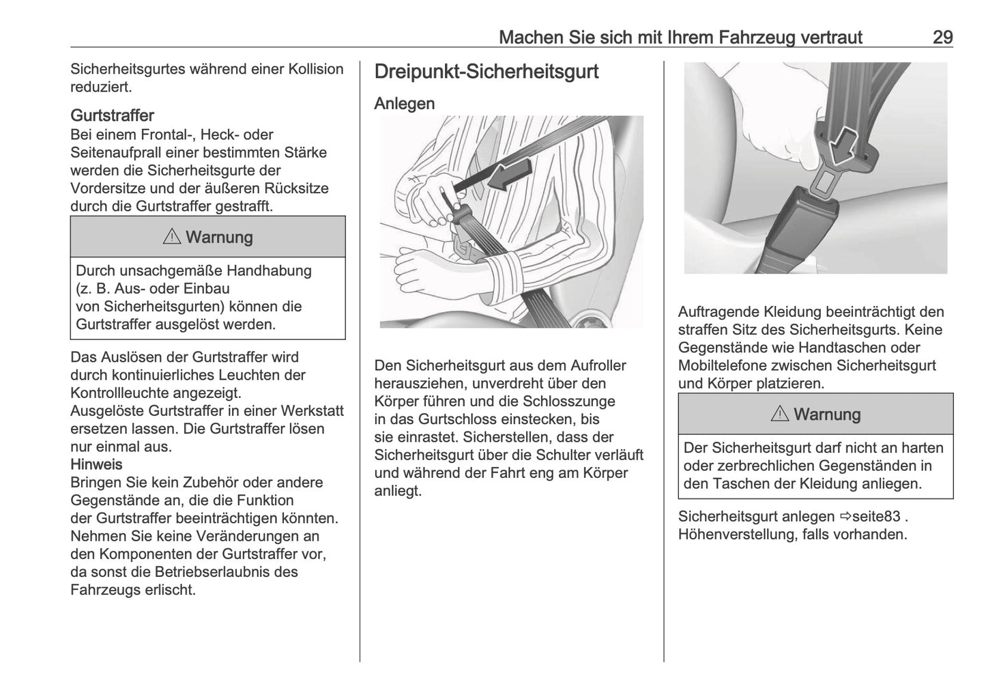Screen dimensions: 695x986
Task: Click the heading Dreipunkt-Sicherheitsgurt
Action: click(487, 72)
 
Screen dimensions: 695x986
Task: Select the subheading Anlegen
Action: click(405, 104)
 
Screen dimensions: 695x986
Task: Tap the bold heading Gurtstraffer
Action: click(112, 115)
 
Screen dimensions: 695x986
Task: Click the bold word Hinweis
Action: click(96, 464)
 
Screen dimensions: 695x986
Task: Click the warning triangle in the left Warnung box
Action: click(172, 237)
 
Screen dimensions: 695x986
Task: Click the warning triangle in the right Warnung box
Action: click(780, 414)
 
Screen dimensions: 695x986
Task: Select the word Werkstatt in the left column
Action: click(311, 411)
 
